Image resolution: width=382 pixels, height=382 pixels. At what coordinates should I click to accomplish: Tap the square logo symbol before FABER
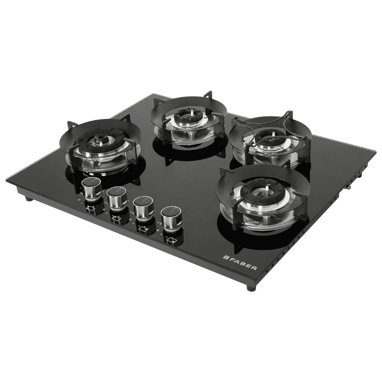tap(226, 258)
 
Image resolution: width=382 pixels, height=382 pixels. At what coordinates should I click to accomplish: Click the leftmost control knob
tap(92, 189)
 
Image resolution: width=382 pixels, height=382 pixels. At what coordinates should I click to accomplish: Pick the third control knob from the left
tap(144, 207)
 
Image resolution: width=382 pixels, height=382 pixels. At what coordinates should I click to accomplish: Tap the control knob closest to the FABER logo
tap(171, 218)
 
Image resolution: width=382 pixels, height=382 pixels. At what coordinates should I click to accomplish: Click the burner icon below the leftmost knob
tap(91, 209)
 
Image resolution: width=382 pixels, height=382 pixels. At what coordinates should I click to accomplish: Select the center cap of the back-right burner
tap(270, 137)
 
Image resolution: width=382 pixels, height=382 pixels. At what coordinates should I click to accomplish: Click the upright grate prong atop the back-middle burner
tap(208, 95)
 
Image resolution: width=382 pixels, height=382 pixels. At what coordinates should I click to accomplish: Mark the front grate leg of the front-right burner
tap(237, 241)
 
